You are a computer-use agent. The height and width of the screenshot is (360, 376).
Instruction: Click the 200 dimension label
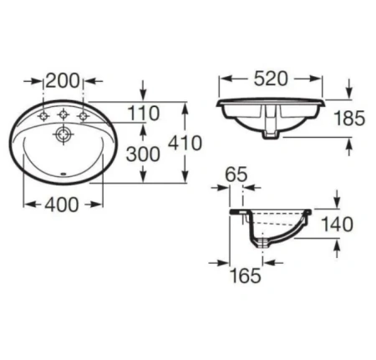coord(63,81)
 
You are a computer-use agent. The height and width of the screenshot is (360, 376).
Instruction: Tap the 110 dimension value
coord(143,113)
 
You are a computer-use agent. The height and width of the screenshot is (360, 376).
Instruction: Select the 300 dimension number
coord(143,155)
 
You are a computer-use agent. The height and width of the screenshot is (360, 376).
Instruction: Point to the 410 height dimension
coord(185,143)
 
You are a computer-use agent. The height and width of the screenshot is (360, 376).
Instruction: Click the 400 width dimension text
coord(62,205)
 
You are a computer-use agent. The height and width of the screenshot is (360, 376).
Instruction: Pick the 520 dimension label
coord(271,79)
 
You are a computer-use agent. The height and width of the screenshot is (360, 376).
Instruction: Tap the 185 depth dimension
coord(349,118)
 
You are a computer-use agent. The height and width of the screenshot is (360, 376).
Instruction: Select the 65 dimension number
coord(236,175)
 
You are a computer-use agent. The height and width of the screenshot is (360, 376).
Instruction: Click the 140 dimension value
coord(338,225)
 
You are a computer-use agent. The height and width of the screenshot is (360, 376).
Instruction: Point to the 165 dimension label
coord(246,276)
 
